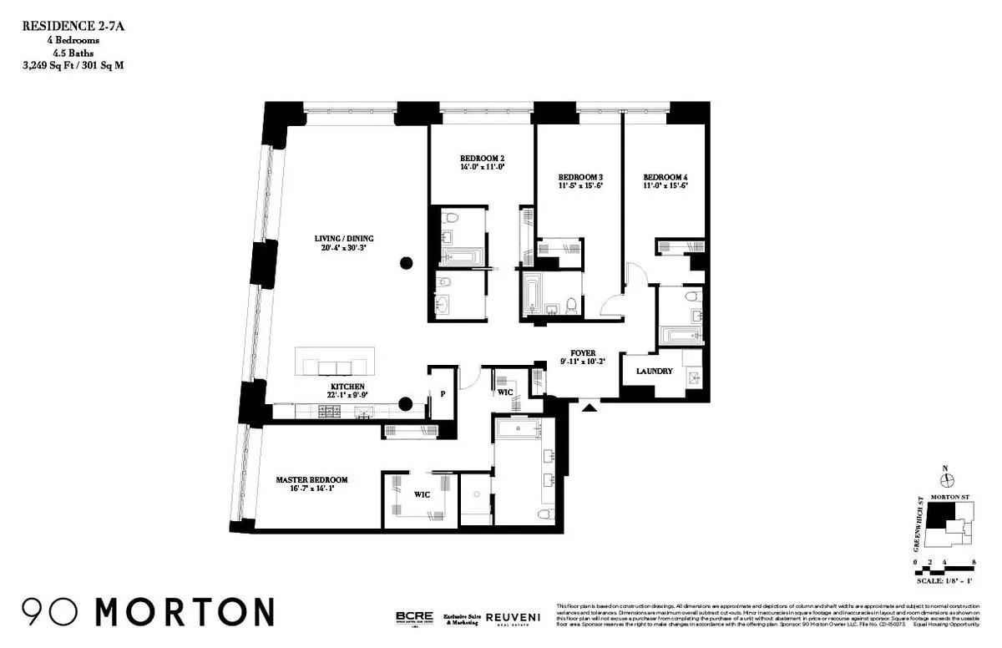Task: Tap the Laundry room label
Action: click(x=654, y=371)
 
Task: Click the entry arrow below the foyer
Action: click(x=590, y=408)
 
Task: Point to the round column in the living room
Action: click(x=407, y=264)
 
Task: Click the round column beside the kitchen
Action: click(x=405, y=404)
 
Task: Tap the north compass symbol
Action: click(x=947, y=480)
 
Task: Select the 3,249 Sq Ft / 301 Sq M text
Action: click(x=73, y=64)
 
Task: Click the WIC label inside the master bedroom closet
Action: click(x=422, y=494)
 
